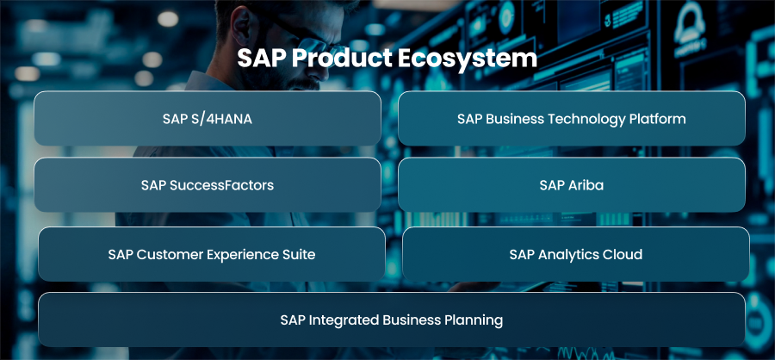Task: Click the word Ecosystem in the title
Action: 467,59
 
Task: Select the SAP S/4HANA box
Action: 208,119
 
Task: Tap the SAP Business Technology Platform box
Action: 572,119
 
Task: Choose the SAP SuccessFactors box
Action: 208,185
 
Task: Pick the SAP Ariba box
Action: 572,185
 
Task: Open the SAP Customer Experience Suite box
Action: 212,254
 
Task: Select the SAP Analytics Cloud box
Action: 576,254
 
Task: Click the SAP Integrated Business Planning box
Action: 392,320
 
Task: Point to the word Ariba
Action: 586,185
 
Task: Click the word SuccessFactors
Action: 221,185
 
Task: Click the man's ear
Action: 243,28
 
